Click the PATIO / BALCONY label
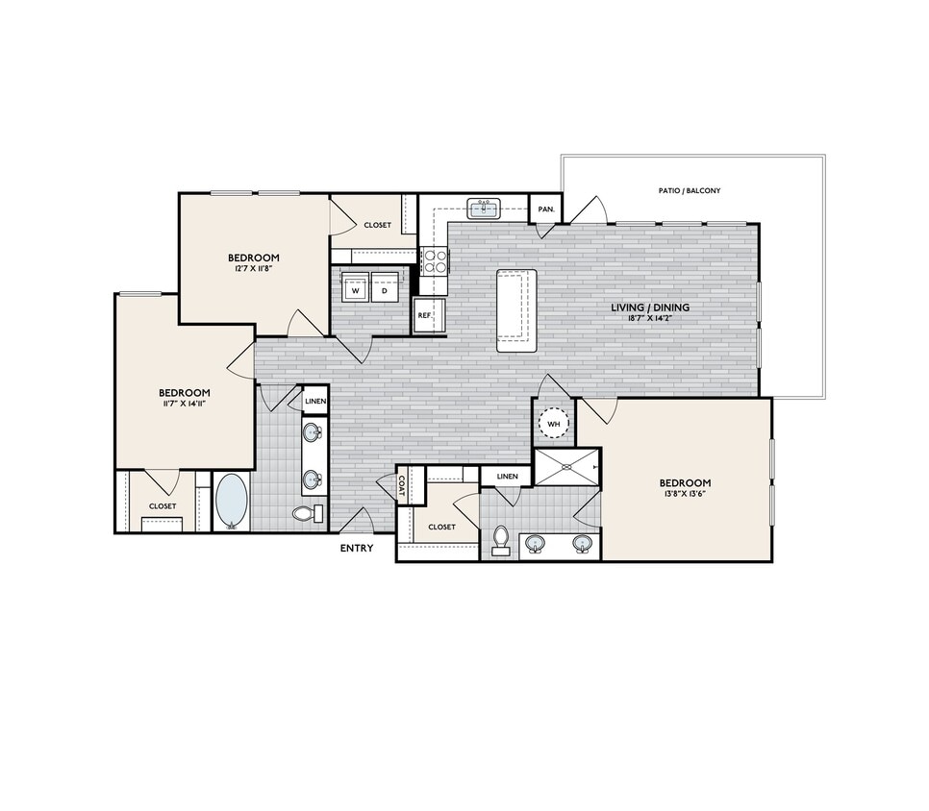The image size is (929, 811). [689, 191]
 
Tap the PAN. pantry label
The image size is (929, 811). [546, 209]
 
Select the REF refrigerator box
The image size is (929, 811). [424, 315]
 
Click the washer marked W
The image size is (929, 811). [355, 289]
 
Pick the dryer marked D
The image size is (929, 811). [384, 289]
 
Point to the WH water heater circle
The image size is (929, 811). [553, 422]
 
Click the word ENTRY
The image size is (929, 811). [358, 549]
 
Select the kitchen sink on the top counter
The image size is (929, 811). [483, 209]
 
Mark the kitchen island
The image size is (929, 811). [515, 311]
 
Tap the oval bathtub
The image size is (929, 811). [231, 501]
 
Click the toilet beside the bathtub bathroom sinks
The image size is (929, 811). [304, 514]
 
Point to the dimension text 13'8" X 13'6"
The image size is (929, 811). [685, 497]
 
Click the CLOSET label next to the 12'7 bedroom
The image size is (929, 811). [377, 225]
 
